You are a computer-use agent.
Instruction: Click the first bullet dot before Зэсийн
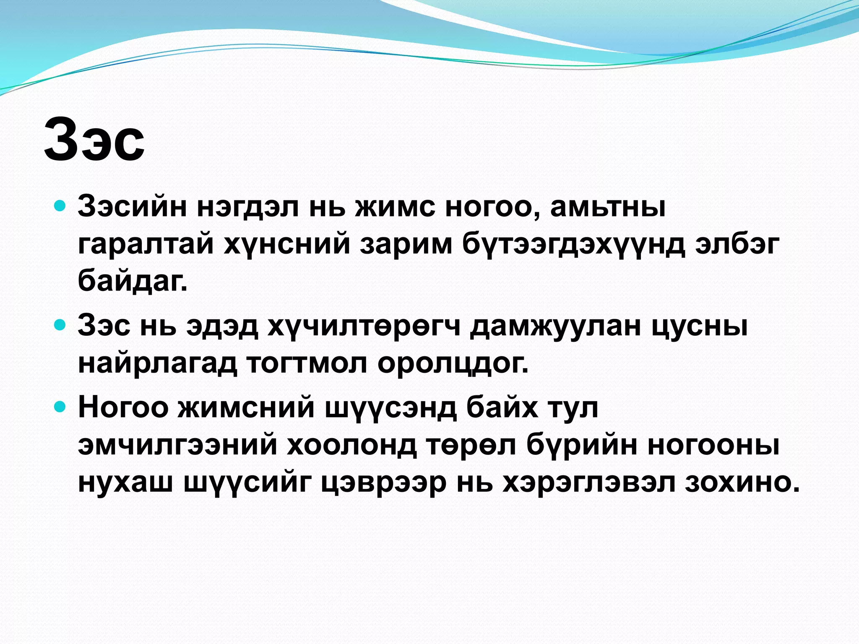[61, 206]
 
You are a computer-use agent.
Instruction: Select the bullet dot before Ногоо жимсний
[61, 406]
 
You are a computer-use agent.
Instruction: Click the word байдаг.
[133, 280]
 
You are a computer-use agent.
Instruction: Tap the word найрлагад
[157, 363]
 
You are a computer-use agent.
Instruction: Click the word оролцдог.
[453, 363]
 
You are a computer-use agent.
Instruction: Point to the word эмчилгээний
[178, 445]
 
